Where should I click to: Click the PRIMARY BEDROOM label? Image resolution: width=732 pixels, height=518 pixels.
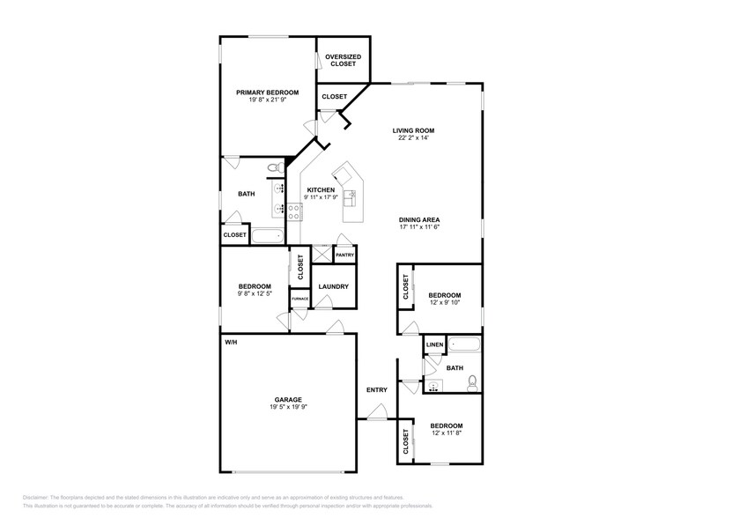(267, 92)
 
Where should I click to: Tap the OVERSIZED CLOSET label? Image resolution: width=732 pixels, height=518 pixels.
(342, 61)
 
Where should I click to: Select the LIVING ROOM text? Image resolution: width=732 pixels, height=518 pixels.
(413, 130)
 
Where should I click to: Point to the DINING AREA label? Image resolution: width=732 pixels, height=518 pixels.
(419, 219)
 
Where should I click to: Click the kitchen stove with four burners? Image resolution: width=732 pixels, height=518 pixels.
(295, 211)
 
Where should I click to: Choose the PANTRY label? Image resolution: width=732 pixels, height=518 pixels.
(344, 255)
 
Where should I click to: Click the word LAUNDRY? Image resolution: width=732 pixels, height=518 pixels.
(334, 286)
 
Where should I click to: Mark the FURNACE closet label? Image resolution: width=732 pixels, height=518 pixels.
(299, 300)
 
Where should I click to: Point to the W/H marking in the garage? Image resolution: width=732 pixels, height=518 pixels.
(231, 341)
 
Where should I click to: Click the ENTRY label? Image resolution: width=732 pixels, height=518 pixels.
(377, 389)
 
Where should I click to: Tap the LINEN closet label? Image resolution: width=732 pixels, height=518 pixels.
(434, 344)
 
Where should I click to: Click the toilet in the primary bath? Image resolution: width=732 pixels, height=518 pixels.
(273, 166)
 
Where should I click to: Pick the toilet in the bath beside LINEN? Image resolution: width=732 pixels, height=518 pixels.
(472, 382)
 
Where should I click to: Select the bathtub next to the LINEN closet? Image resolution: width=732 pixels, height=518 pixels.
(464, 344)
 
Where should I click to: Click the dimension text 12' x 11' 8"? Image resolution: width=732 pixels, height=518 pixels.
(446, 433)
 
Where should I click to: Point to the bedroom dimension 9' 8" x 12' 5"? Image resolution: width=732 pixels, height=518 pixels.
(254, 293)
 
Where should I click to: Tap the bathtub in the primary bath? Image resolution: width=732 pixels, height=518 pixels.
(268, 235)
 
